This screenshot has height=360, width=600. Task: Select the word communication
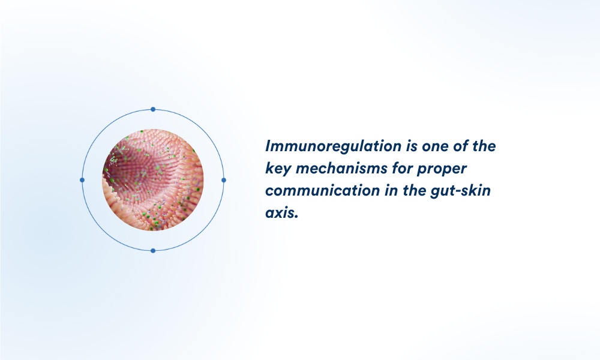point(323,191)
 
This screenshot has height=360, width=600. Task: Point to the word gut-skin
point(460,191)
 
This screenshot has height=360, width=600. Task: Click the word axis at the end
point(281,213)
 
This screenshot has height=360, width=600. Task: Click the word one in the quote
point(435,146)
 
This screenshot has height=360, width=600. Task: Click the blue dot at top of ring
point(153,109)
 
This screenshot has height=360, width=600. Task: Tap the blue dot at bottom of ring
point(153,251)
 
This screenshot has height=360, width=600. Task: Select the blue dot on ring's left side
point(82,180)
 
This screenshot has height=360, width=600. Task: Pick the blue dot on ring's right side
point(224,180)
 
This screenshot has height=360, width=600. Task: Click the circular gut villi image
point(153,180)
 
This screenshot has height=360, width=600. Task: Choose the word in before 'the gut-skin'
point(391,191)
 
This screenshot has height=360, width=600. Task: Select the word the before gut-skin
point(415,191)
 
